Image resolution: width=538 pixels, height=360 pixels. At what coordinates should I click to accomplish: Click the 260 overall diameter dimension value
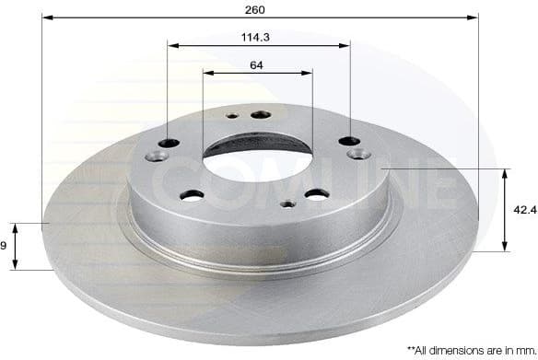[256, 9]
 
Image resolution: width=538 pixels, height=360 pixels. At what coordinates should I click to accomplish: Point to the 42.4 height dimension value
[525, 210]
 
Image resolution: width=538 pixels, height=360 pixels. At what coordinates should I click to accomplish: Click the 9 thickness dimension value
[5, 246]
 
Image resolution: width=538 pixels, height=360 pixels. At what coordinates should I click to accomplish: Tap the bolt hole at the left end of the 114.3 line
[168, 142]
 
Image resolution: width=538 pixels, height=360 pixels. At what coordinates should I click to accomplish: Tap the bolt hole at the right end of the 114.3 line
[349, 140]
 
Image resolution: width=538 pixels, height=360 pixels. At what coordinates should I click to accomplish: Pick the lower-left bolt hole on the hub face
[193, 194]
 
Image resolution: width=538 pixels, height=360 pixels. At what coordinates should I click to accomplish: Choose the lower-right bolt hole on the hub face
[316, 193]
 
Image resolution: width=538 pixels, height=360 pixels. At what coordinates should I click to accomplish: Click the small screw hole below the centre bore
[288, 204]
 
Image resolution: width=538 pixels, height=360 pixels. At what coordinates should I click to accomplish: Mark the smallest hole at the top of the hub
[231, 116]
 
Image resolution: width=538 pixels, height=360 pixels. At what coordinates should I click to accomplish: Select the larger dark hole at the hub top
[261, 114]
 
